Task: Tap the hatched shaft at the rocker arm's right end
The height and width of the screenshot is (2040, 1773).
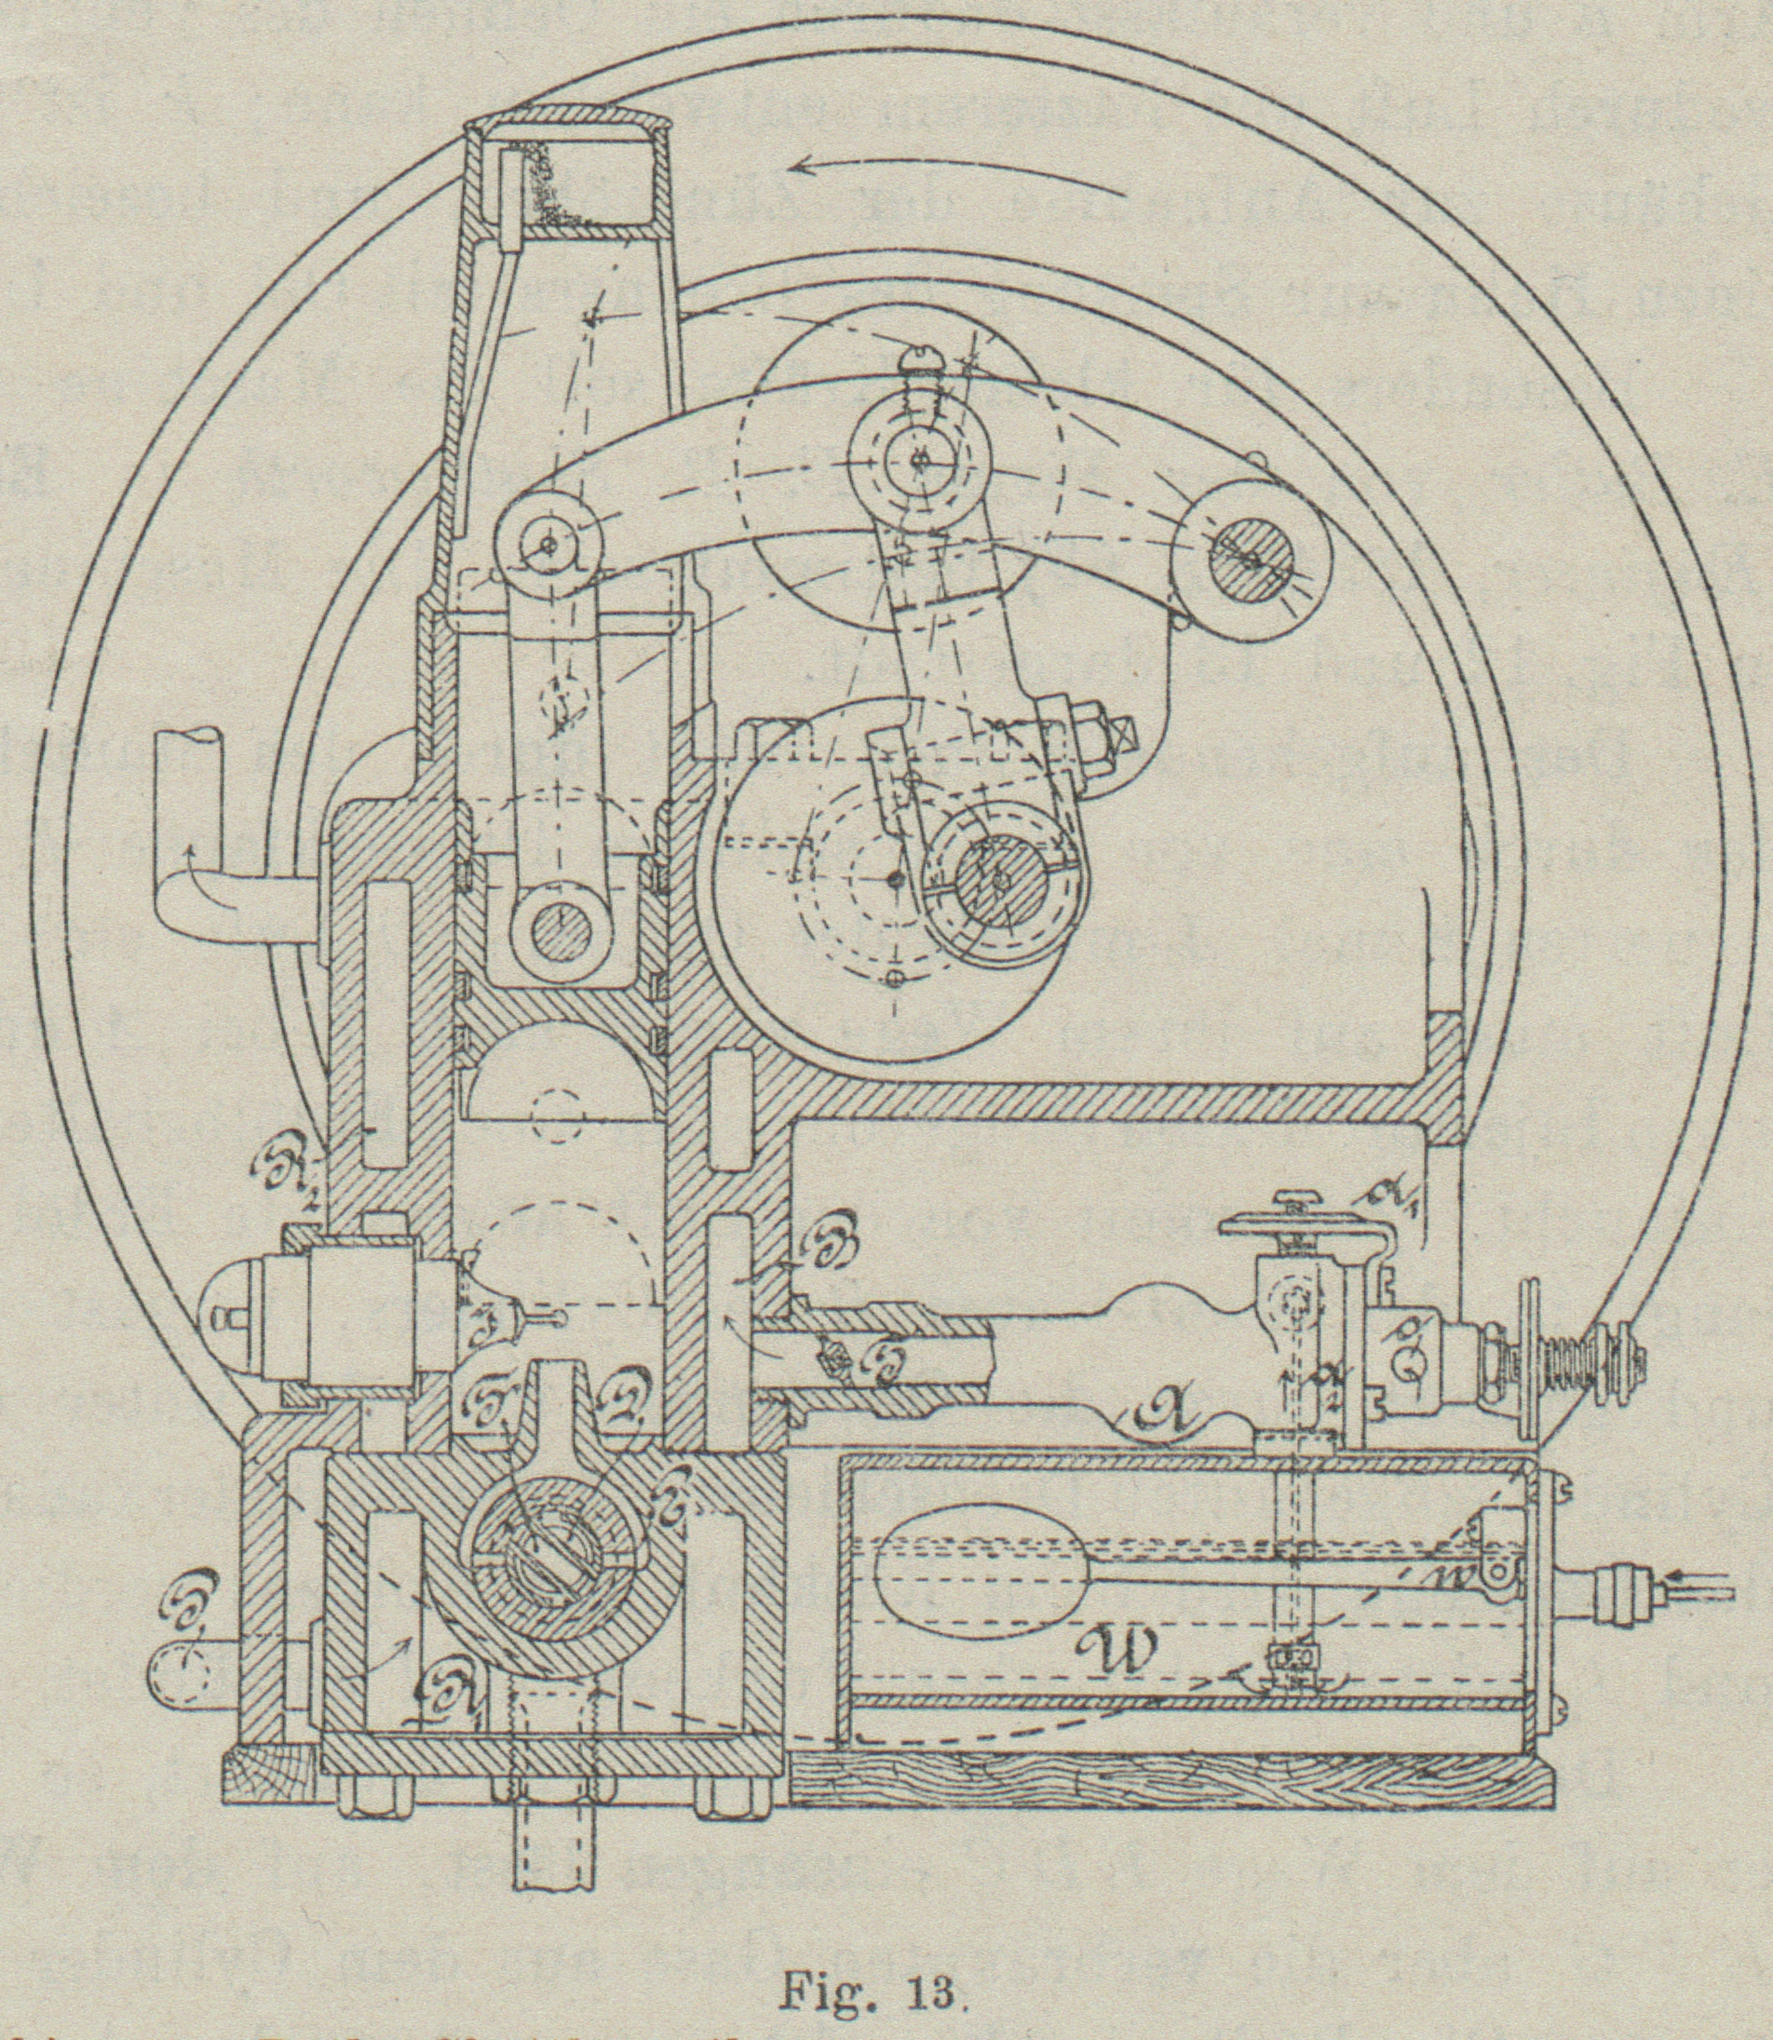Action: [1253, 560]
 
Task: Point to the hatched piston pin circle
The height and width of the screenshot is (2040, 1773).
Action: [561, 927]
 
